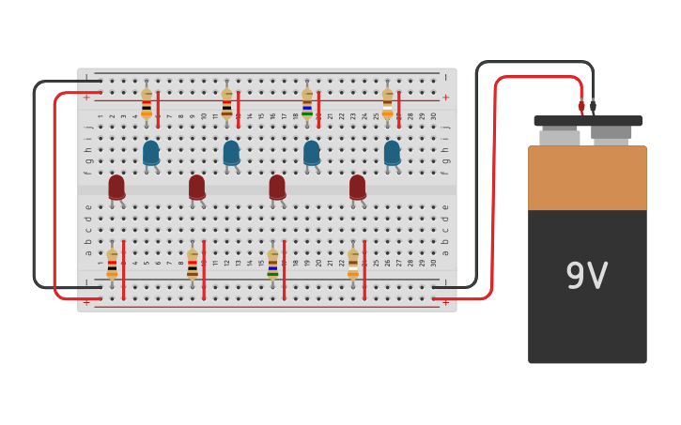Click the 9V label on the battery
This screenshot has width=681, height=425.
587,276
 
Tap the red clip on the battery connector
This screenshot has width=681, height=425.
581,106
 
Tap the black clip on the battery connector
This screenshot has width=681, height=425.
593,106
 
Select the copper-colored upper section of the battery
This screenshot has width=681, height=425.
587,178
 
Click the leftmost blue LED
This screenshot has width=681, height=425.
150,152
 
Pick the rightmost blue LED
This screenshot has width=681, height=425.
392,152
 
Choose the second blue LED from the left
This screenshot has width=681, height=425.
231,152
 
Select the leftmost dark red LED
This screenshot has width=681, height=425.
116,187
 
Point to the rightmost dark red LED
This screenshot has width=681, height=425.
358,187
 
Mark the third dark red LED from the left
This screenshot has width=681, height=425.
277,187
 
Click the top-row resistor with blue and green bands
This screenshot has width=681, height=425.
307,102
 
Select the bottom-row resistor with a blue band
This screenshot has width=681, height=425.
272,264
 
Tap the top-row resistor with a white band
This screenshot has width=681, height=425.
387,102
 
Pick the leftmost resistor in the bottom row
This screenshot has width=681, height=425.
112,264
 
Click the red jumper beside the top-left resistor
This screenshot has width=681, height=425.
158,109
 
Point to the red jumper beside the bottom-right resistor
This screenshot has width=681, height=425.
364,270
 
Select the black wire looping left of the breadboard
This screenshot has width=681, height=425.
35,188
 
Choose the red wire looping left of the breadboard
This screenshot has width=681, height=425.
54,197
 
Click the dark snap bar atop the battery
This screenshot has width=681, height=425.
588,121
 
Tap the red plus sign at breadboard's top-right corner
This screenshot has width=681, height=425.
445,98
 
